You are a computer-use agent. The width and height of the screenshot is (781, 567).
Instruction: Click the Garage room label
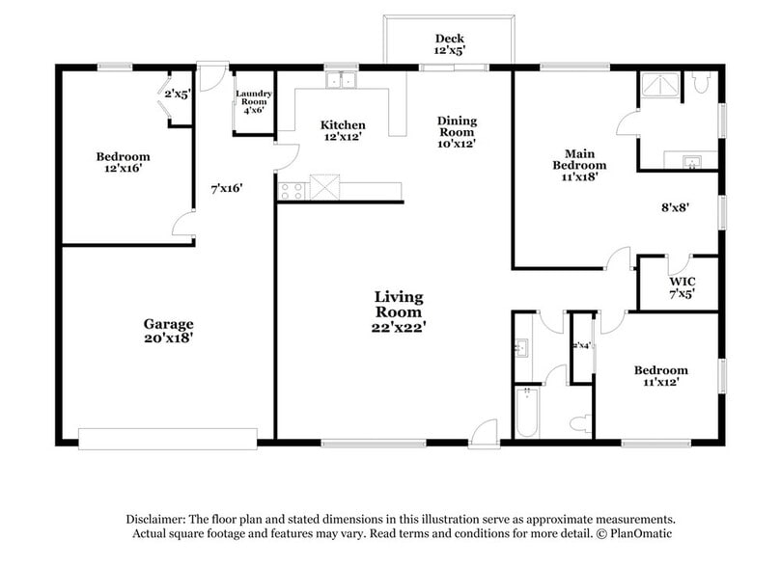(169, 331)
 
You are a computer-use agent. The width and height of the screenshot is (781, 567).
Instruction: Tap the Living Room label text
(399, 311)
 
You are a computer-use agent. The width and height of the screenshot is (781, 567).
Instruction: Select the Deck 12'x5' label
(449, 44)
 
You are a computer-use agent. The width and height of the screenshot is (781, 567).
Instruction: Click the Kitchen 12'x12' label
(343, 131)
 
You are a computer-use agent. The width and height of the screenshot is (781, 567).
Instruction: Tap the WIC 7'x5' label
(682, 287)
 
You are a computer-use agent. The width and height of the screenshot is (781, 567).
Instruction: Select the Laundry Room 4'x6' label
(254, 102)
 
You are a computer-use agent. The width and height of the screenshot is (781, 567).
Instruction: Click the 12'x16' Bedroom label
(123, 162)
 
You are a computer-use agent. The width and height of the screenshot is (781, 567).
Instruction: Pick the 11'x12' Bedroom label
(660, 376)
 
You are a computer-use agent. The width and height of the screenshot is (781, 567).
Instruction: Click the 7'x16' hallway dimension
(227, 188)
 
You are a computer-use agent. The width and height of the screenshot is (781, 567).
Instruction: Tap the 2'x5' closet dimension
(177, 94)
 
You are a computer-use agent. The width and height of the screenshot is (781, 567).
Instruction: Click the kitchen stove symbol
(291, 190)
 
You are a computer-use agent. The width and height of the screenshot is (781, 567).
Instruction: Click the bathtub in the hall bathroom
(528, 412)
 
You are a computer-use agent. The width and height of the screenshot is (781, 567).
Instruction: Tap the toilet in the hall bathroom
(580, 421)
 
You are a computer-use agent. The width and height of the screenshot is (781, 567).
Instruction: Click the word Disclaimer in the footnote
(157, 518)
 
